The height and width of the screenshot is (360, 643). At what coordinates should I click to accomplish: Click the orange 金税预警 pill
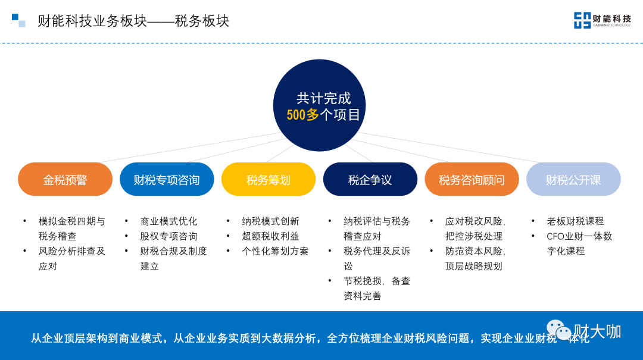pos(65,179)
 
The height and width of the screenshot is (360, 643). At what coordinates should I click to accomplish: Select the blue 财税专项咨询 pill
pos(167,179)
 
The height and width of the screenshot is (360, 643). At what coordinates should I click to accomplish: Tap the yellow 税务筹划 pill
pos(269,179)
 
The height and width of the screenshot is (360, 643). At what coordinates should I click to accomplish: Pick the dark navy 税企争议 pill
pos(370,179)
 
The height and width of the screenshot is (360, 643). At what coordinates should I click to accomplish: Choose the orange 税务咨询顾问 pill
pos(472,179)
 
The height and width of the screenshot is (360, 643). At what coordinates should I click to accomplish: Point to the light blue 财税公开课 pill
pos(573,179)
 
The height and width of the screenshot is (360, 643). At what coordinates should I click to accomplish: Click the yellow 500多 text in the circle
pos(302,115)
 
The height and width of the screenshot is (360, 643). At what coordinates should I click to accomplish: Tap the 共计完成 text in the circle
pos(323,98)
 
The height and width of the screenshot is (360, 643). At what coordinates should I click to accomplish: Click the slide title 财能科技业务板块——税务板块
pos(133,21)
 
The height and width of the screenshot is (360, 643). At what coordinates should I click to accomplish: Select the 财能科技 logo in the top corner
pos(602,20)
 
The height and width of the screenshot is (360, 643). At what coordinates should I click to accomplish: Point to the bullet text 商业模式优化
pos(168,221)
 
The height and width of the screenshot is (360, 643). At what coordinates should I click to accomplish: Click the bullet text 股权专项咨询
pos(168,236)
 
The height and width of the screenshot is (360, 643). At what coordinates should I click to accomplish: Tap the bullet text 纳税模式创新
pos(270,221)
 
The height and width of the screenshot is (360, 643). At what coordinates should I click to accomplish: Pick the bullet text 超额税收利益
pos(270,236)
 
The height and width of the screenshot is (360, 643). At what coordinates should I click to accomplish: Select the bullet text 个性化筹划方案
pos(275,251)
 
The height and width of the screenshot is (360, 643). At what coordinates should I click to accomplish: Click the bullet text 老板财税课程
pos(575,221)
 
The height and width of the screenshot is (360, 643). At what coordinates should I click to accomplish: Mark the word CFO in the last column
pos(555,236)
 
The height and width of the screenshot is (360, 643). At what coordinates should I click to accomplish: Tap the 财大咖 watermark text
pos(597,331)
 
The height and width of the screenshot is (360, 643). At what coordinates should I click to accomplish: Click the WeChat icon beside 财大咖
pos(558,329)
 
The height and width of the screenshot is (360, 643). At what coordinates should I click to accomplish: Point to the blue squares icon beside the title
pos(18,20)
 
